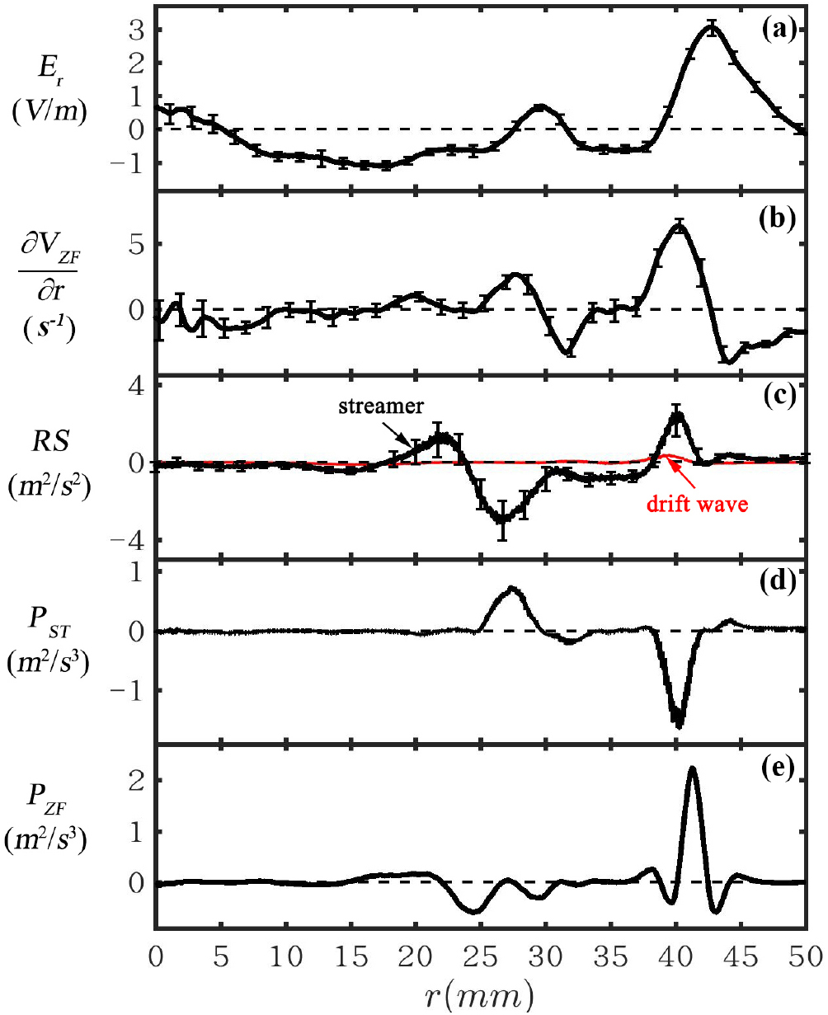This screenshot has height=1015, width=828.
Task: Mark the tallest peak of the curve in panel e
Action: click(692, 768)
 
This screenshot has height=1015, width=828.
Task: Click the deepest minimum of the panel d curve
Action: click(679, 726)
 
